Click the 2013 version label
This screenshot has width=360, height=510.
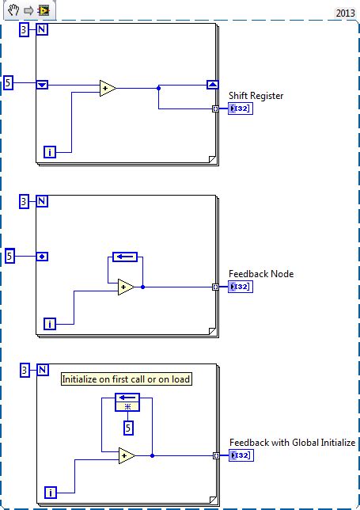click(345, 13)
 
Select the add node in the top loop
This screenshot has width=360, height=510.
click(108, 89)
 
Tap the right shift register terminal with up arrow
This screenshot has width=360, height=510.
click(212, 85)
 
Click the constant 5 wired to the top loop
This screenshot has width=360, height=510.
click(9, 82)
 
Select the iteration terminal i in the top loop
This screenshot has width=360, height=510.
click(49, 151)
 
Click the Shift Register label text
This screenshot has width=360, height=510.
click(256, 96)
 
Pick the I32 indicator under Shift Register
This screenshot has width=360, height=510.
click(240, 108)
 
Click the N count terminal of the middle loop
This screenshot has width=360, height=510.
click(42, 202)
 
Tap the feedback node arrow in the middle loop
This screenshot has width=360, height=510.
click(125, 257)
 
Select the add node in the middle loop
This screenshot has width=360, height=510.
click(126, 287)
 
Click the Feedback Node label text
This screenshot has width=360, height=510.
click(261, 274)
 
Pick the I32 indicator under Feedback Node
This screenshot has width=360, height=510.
click(240, 287)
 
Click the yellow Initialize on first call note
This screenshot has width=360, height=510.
click(127, 379)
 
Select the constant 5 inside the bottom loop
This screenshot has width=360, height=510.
click(127, 428)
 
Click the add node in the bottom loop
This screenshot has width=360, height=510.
click(127, 455)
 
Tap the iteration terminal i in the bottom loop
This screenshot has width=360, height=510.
click(49, 493)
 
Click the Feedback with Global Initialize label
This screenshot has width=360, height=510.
click(292, 443)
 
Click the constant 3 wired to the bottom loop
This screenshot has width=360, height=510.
click(25, 370)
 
